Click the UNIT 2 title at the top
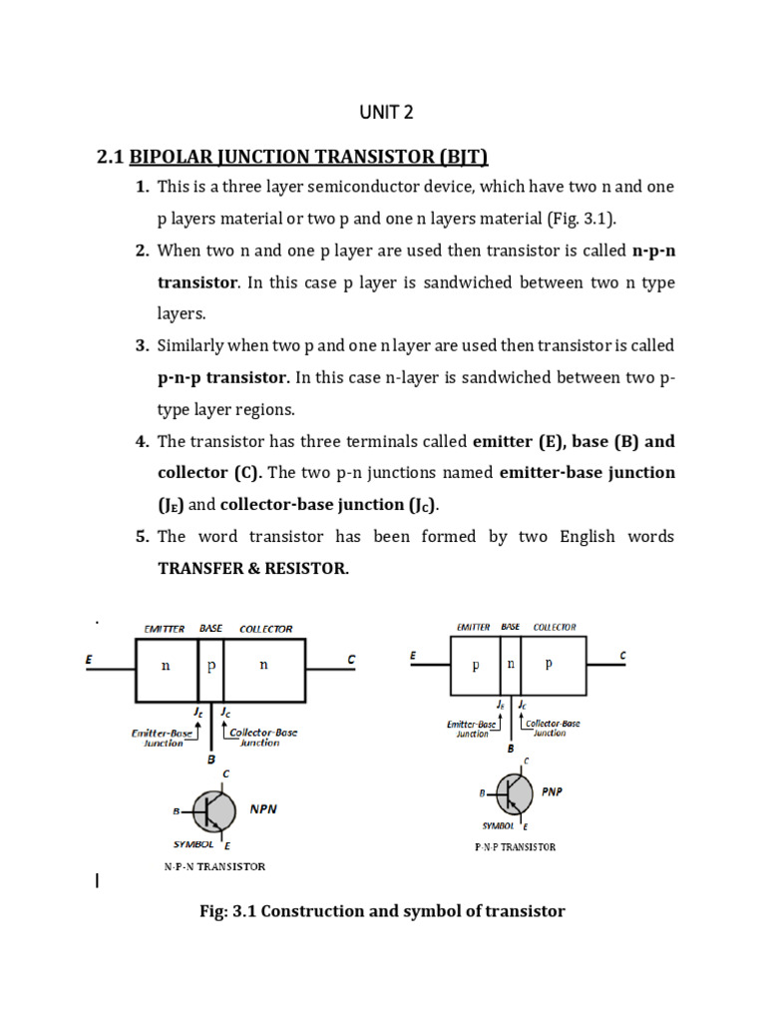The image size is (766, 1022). pos(386,112)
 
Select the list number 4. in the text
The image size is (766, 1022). pos(142,441)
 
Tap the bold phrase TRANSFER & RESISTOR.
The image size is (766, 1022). pos(253,568)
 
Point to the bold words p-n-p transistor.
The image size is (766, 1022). pos(223,378)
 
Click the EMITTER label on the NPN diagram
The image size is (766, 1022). pos(165,629)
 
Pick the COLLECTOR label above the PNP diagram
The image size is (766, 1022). pos(555,627)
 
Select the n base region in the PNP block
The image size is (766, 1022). pos(512,663)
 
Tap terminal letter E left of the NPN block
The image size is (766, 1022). pos(92,660)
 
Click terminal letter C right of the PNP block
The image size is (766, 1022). pos(623,656)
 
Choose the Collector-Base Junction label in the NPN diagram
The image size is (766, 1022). pos(263,738)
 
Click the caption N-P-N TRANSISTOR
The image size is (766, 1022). pos(214,866)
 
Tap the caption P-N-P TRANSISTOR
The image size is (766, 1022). pos(515,847)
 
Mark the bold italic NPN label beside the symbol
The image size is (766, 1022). pos(263,809)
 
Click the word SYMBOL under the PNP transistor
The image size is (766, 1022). pos(498,826)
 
